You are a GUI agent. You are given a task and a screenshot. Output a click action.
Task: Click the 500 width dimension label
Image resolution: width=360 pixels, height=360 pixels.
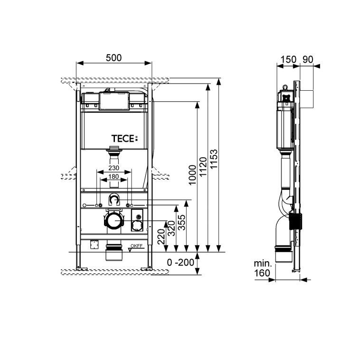(114, 58)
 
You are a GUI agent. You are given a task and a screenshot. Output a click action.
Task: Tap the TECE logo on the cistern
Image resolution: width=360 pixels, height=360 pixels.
(124, 139)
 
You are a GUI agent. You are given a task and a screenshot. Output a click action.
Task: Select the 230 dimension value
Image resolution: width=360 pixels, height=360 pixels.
(114, 168)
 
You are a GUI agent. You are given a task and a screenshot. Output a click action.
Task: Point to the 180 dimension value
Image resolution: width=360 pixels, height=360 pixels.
(114, 176)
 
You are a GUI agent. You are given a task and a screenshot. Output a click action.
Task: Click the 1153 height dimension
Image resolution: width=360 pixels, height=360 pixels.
(214, 159)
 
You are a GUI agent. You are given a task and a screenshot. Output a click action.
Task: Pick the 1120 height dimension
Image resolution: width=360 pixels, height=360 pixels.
(203, 167)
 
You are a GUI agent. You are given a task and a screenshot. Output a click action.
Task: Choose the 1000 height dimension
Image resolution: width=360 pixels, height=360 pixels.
(192, 175)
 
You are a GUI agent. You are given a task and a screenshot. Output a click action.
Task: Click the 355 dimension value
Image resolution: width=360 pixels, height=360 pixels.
(181, 222)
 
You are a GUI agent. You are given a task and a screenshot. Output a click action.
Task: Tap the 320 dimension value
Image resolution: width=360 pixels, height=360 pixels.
(171, 228)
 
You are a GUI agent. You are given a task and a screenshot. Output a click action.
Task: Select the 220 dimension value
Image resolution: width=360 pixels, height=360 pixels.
(161, 237)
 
